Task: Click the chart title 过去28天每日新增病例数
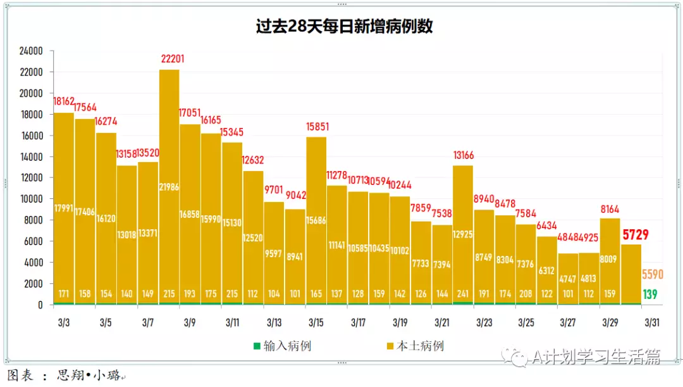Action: point(344,26)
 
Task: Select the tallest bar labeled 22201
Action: point(169,190)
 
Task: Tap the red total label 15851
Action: point(316,127)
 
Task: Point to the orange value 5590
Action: point(653,274)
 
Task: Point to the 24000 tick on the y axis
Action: point(30,51)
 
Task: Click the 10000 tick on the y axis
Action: point(30,199)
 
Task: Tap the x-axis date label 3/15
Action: point(316,322)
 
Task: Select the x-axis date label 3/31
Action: point(652,322)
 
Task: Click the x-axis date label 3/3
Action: point(63,322)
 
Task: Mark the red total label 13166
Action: point(463,155)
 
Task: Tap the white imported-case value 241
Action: point(463,294)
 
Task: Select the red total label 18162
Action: point(64,101)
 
